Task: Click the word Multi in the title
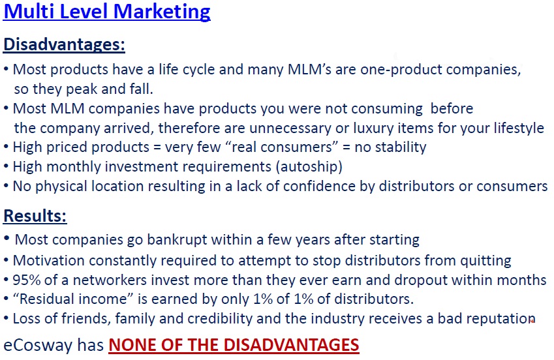click(x=29, y=11)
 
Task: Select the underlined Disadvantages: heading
click(x=64, y=44)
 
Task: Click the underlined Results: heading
click(x=35, y=215)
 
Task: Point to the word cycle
click(x=198, y=70)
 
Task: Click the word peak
click(x=82, y=89)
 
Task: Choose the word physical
click(x=61, y=186)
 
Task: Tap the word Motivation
click(x=49, y=261)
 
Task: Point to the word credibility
click(x=220, y=319)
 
